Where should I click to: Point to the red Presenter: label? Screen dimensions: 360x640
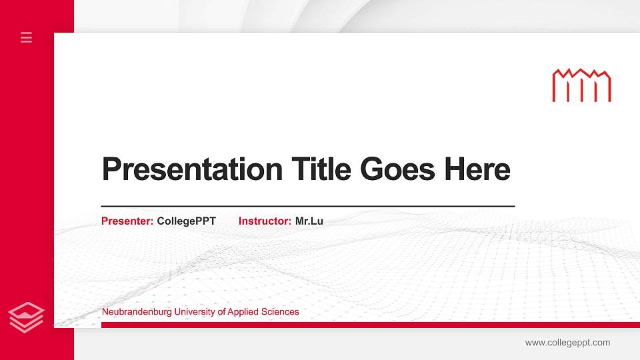click(x=127, y=221)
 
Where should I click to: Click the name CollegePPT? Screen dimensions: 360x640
click(x=186, y=221)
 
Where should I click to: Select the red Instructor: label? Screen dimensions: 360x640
click(x=265, y=221)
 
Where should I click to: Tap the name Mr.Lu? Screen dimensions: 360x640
click(x=309, y=221)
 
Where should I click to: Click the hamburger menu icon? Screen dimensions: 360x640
click(x=27, y=37)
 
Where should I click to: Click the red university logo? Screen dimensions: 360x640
click(x=581, y=85)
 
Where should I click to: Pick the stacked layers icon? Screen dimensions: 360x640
click(x=26, y=317)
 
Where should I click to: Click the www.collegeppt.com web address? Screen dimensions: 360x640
click(x=567, y=343)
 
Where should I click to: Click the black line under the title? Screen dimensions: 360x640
click(x=307, y=206)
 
